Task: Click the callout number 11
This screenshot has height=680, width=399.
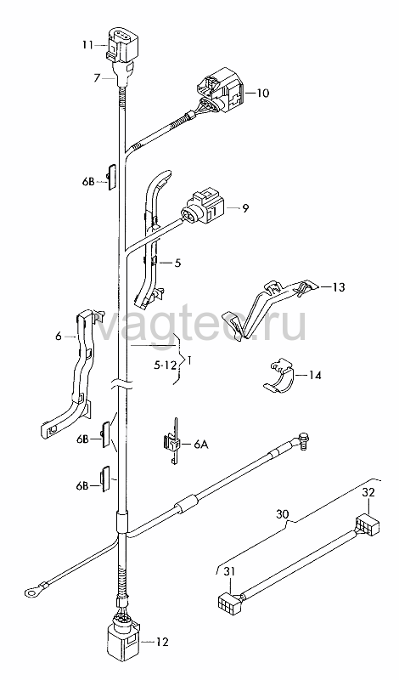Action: tap(88, 45)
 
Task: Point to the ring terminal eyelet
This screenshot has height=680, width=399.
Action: tap(31, 589)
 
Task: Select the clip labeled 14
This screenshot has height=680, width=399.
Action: tap(278, 377)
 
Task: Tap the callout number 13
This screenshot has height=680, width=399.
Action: tap(340, 287)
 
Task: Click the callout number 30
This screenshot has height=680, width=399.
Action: tap(283, 514)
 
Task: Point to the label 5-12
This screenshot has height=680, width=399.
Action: tap(166, 365)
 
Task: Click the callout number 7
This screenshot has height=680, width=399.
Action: tap(98, 77)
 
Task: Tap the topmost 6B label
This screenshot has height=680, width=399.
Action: tap(88, 182)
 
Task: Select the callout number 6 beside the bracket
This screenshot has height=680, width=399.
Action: tap(59, 336)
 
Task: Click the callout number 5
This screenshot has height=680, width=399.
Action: tap(177, 263)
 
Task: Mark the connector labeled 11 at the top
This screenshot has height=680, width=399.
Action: tap(122, 45)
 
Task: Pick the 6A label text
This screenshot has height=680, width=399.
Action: tap(201, 444)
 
